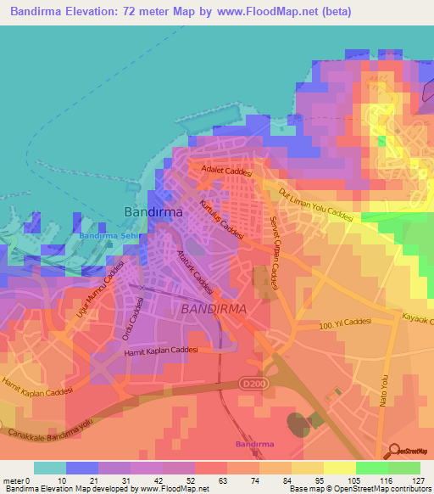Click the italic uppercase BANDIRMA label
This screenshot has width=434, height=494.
point(214,310)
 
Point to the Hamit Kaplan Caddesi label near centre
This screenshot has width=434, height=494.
point(160,351)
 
